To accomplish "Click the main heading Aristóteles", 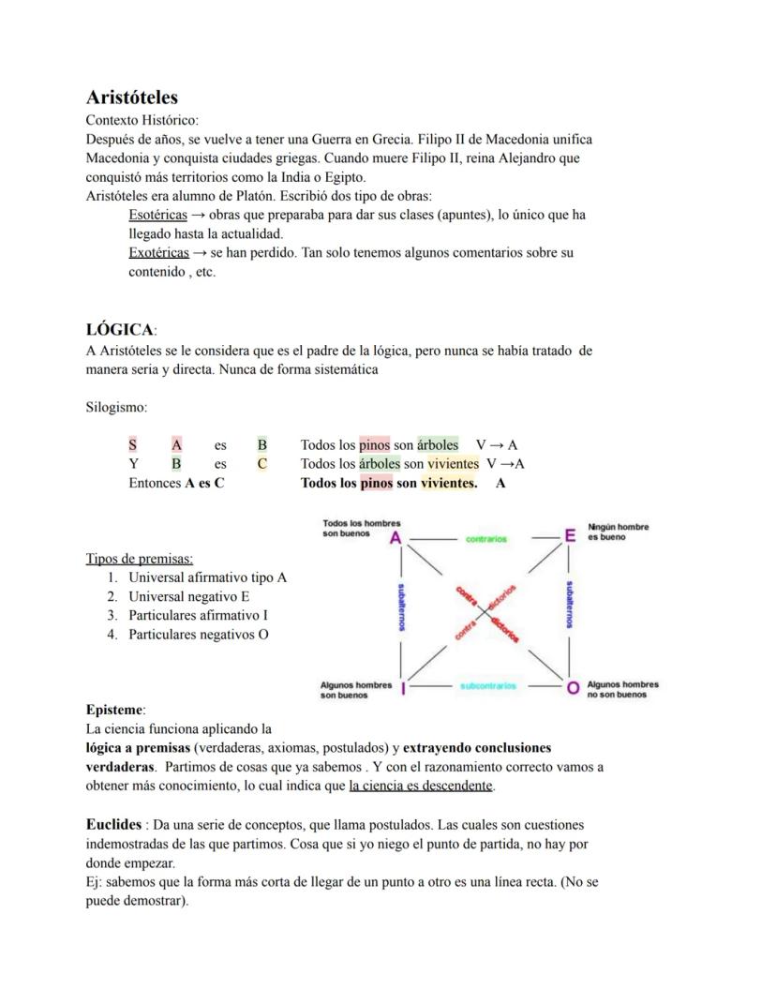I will [131, 97].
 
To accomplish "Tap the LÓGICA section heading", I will [120, 330].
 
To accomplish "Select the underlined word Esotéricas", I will [157, 215].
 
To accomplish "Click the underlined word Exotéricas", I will [158, 252].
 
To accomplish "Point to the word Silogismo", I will [115, 408].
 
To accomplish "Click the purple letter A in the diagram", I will [395, 538].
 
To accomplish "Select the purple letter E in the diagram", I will [569, 536].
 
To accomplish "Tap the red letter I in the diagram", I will [402, 689].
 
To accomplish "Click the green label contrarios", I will [485, 539].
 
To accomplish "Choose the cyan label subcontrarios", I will [487, 686].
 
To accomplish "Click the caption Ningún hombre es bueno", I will [618, 532].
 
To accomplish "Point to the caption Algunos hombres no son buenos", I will [622, 689].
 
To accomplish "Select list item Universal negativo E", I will [188, 596].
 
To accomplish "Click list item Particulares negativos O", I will [198, 635].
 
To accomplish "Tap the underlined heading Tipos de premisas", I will [139, 559].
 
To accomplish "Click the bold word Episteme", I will [114, 710].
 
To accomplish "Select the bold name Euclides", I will [113, 825].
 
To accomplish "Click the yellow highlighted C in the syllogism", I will [262, 464].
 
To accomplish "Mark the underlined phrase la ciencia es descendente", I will [421, 786].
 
